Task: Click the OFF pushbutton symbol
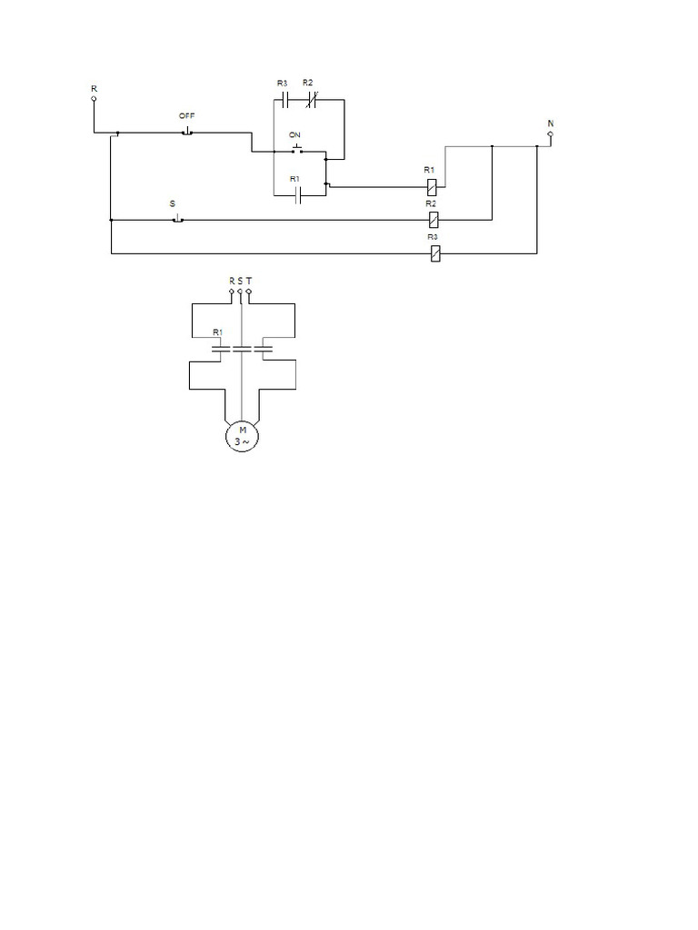(x=186, y=133)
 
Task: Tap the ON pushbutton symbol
(x=296, y=150)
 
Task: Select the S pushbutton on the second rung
(x=178, y=219)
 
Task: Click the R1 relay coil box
(x=433, y=186)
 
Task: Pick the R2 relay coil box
(x=434, y=220)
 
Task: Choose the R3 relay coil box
(x=434, y=254)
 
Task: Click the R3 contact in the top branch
(x=284, y=98)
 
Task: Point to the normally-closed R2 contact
(x=309, y=98)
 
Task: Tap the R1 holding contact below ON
(x=298, y=195)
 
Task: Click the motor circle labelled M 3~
(x=243, y=435)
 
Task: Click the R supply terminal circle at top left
(x=94, y=101)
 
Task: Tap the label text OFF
(x=186, y=115)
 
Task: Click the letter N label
(x=551, y=122)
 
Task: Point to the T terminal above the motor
(x=249, y=292)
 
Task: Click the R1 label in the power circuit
(x=216, y=332)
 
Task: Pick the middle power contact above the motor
(x=241, y=348)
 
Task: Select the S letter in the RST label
(x=240, y=281)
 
